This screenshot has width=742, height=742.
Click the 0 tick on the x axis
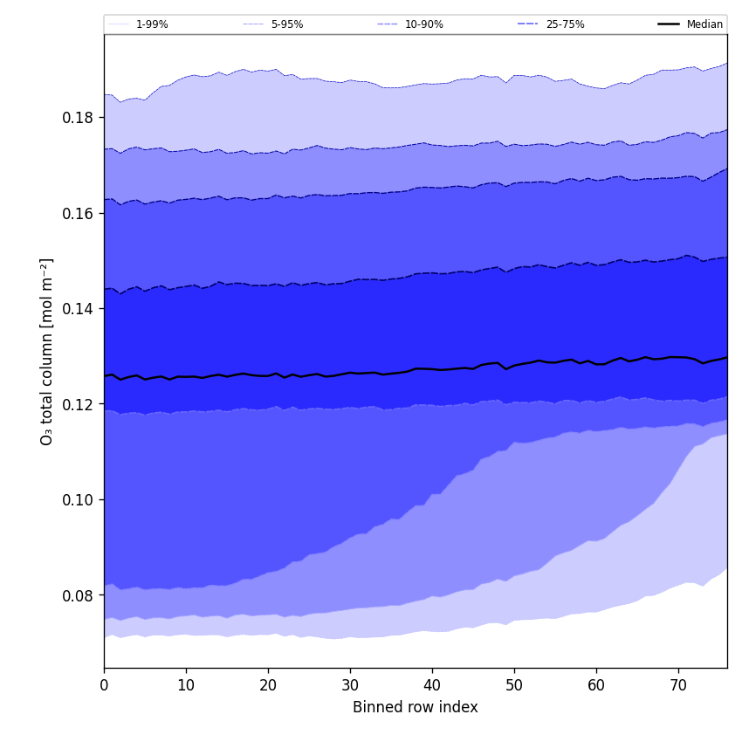[104, 686]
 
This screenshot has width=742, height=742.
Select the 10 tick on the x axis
[186, 686]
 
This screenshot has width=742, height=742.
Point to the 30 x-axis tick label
[350, 686]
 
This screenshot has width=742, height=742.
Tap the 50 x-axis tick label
[514, 686]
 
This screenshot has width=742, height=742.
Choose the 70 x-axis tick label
[678, 686]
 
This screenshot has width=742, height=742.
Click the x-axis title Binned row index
[416, 708]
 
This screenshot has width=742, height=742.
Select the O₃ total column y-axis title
[47, 351]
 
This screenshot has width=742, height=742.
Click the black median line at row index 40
[432, 369]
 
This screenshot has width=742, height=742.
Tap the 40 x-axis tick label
[432, 686]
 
